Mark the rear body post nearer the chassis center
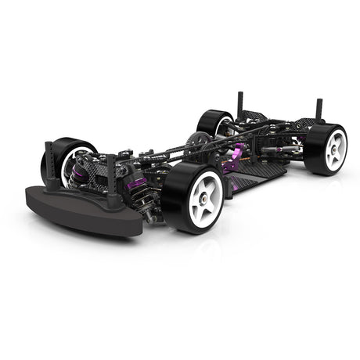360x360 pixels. (x=239, y=103)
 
